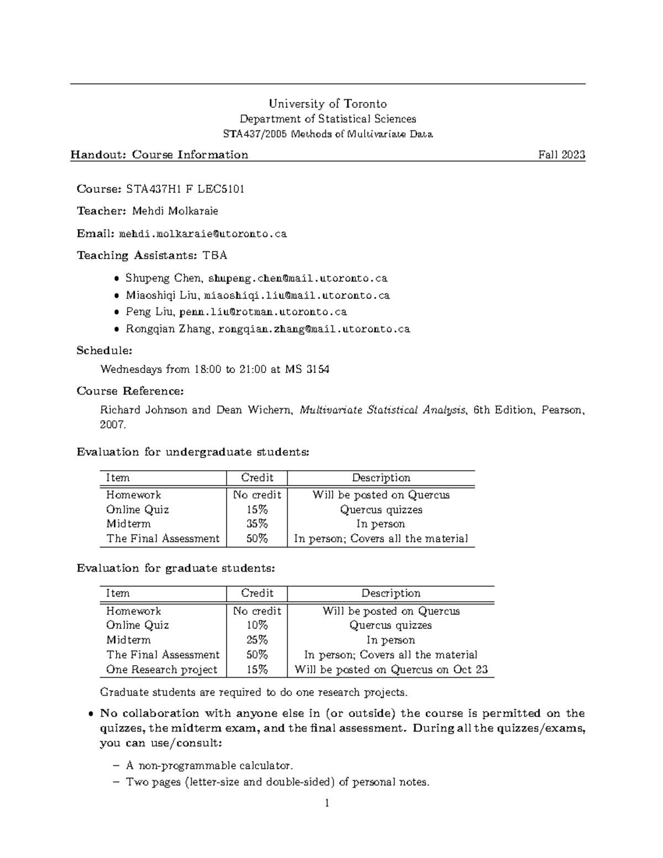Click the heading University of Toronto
328,104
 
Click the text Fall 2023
561,155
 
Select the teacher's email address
203,234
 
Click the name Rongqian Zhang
169,329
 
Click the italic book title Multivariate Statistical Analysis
383,410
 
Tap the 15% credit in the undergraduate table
257,510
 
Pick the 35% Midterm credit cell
257,524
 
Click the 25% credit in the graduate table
257,640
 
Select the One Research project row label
162,670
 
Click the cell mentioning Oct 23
391,670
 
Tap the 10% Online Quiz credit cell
257,625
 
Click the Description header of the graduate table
391,593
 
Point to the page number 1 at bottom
327,803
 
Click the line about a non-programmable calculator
209,766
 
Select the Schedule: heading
104,351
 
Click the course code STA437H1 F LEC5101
185,189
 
